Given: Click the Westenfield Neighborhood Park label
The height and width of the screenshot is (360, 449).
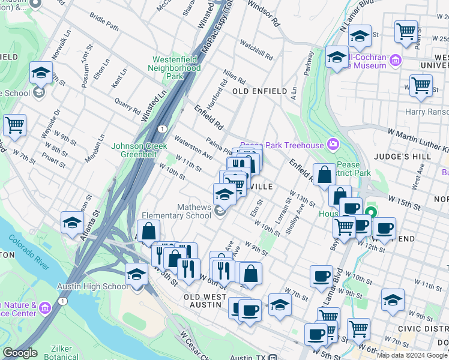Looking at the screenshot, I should [176, 68].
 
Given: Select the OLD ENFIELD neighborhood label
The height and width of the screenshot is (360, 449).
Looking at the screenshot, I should [259, 91].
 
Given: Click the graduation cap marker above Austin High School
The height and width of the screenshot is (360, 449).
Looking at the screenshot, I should [137, 274].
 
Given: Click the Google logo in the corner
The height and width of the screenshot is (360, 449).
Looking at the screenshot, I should [20, 353].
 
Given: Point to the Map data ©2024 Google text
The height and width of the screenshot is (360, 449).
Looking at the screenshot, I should [412, 355].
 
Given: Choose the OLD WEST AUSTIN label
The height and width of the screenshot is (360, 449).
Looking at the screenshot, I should [202, 301].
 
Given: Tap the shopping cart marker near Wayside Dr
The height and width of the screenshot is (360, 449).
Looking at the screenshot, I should [14, 125].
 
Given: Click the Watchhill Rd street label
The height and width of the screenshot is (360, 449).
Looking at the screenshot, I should [256, 51].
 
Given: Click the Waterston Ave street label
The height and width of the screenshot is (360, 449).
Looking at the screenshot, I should [193, 148].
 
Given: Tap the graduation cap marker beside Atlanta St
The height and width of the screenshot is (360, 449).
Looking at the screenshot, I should [73, 221].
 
